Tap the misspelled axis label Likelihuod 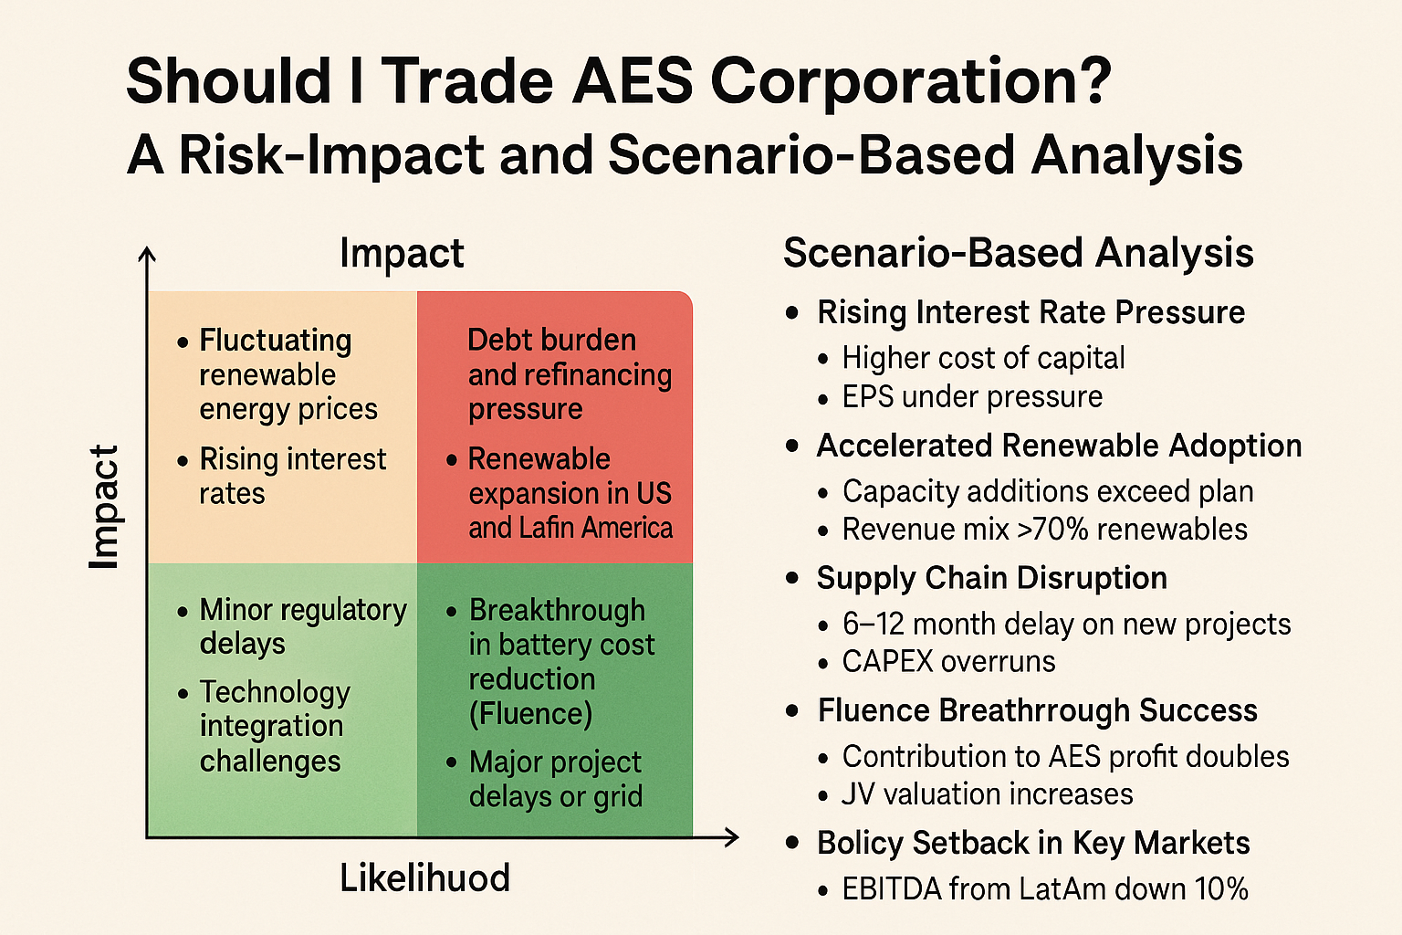click(x=424, y=878)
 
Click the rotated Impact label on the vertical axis click(x=104, y=508)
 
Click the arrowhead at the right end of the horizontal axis click(x=730, y=836)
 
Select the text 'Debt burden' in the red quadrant click(x=551, y=340)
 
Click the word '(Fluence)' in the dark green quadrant click(x=530, y=713)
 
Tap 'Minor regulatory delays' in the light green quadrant click(x=302, y=626)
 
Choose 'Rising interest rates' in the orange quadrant click(x=292, y=476)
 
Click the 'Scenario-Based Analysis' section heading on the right click(x=1018, y=253)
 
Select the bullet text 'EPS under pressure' click(x=972, y=397)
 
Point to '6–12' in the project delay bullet click(x=873, y=624)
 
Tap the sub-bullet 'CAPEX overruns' click(x=948, y=662)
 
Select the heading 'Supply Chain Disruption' click(x=991, y=578)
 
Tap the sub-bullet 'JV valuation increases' click(x=987, y=794)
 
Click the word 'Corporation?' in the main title click(x=910, y=81)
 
